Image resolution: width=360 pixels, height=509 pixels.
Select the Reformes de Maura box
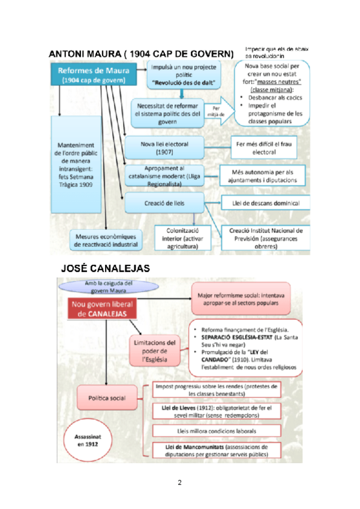(92, 74)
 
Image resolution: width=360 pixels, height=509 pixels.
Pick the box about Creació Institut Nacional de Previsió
(266, 238)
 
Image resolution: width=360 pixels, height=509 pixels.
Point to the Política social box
(108, 397)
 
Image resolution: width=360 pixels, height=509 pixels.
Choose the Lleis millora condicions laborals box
(217, 431)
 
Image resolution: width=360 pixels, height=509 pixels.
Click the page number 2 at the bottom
(179, 482)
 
